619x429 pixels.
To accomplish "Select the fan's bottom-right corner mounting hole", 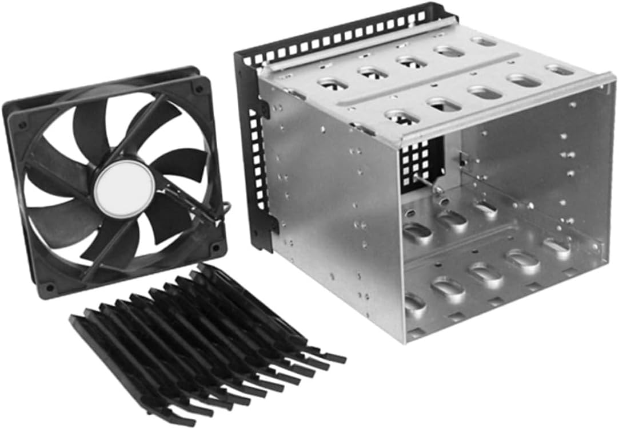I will (215, 248).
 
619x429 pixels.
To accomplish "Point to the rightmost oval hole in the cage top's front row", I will (560, 70).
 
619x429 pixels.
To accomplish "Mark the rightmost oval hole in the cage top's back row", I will (484, 42).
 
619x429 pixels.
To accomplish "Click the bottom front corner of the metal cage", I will (405, 341).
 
